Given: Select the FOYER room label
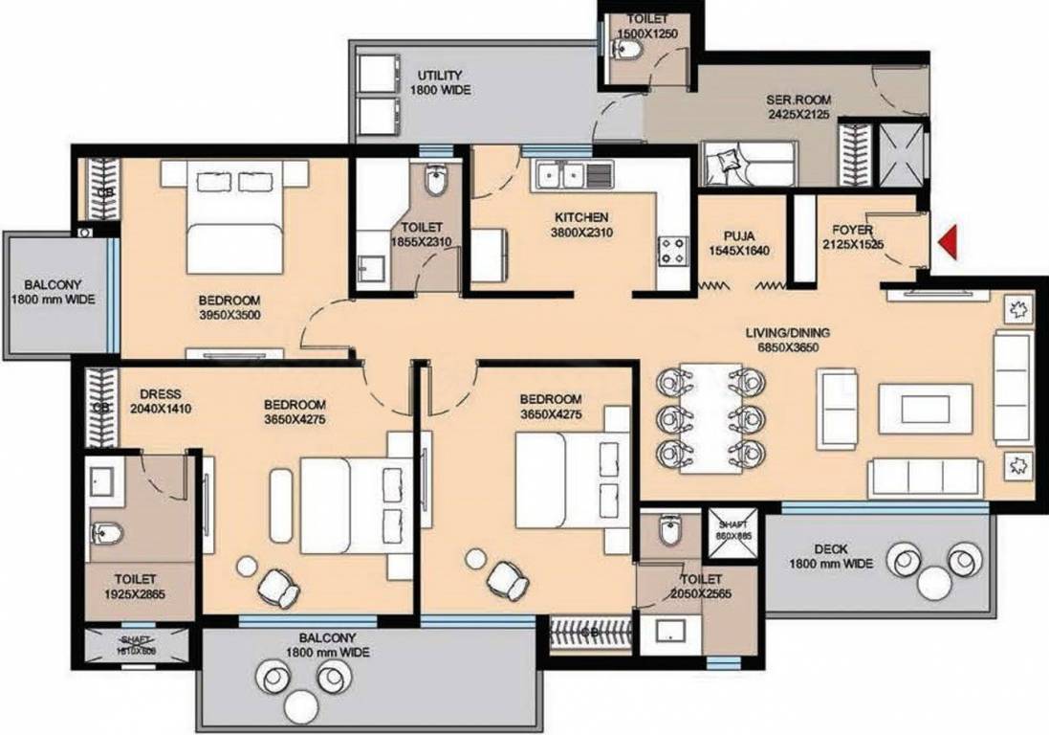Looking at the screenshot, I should (x=851, y=230).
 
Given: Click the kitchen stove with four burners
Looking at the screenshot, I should (x=672, y=251).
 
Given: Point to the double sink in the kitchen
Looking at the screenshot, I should (x=562, y=175).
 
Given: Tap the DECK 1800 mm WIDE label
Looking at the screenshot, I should (x=831, y=557).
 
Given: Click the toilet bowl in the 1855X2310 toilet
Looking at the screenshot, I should (x=436, y=181).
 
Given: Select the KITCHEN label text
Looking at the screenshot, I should (x=580, y=217).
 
